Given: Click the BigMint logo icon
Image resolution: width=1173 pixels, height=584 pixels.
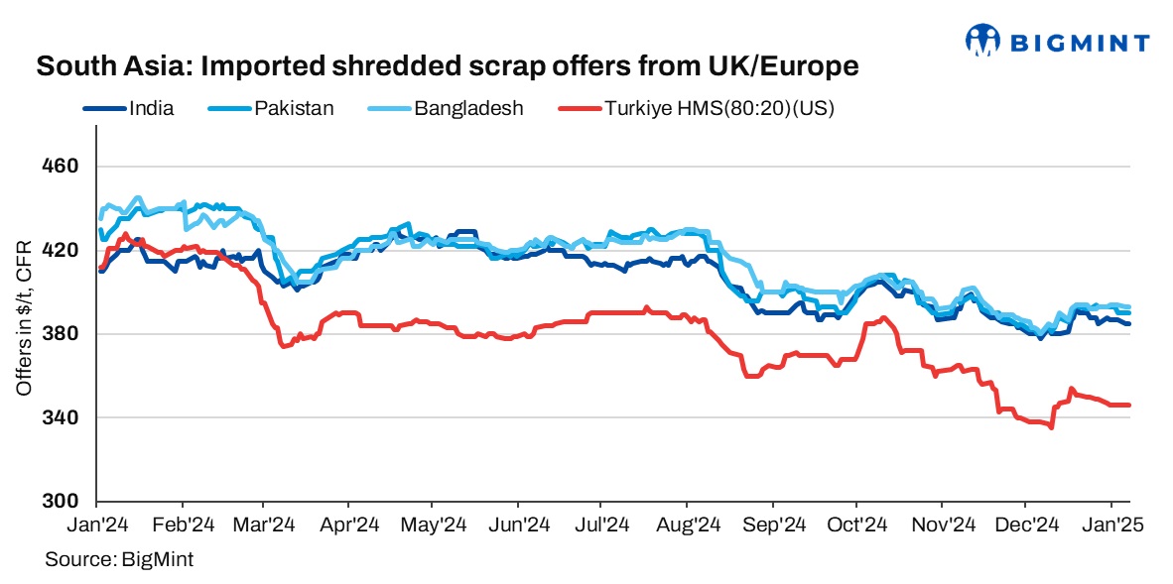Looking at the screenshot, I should tap(983, 40).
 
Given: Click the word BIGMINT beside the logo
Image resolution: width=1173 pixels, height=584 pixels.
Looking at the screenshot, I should tap(1081, 43).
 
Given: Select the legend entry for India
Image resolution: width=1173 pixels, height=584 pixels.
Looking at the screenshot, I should tap(151, 108).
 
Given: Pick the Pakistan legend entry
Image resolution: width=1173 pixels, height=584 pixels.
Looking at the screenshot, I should tap(294, 108).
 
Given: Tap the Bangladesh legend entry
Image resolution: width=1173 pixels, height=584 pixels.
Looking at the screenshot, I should tap(468, 108).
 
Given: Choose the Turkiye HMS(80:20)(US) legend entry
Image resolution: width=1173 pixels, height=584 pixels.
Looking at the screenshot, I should tap(718, 108).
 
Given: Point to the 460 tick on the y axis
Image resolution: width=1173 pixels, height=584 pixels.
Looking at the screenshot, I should tap(65, 166).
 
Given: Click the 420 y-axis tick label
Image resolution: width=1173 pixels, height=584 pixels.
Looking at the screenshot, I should tap(65, 250).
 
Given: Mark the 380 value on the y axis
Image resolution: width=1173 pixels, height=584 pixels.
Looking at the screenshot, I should tap(65, 333).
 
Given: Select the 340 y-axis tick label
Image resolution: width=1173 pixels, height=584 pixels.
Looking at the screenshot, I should tap(65, 417).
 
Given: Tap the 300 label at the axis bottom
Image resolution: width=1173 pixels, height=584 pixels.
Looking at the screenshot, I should tap(65, 501).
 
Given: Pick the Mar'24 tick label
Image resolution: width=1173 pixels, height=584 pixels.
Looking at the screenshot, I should tap(265, 525).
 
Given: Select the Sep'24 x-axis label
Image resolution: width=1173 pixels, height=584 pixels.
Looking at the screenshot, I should tap(773, 525).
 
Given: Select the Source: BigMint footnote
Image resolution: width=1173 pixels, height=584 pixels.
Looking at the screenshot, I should tap(119, 560).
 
